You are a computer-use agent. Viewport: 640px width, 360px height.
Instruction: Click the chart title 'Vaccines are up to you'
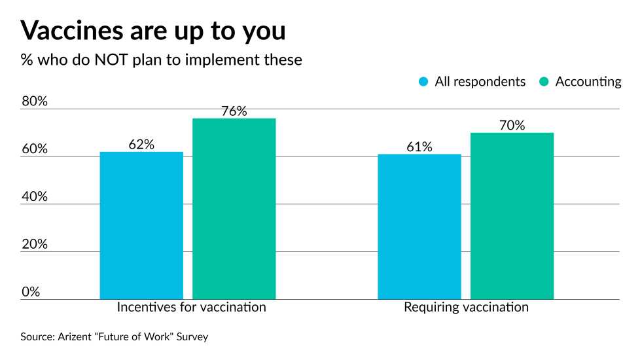coord(153,30)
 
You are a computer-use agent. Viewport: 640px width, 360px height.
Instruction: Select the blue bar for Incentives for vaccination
coord(141,225)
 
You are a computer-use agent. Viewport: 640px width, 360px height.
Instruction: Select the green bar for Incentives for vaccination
coord(234,209)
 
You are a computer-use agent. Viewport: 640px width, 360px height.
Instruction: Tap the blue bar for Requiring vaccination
coord(419,226)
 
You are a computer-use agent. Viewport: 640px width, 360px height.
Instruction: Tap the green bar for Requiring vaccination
coord(512,216)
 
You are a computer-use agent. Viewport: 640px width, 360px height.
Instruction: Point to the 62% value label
coord(141,145)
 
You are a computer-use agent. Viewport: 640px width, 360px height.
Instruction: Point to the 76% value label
coord(234,111)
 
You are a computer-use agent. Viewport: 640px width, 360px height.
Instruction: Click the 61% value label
coord(419,147)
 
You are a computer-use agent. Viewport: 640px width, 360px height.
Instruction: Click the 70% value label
coord(512,126)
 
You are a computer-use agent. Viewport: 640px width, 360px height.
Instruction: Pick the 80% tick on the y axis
coord(35,101)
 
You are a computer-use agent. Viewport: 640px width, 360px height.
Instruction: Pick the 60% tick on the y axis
coord(35,149)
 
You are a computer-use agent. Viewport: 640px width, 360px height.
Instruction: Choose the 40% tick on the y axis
coord(35,196)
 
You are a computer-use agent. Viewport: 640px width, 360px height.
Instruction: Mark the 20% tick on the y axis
coord(35,244)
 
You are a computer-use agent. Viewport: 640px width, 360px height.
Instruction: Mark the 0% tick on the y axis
coord(31,291)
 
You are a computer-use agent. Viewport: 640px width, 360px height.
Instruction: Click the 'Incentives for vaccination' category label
coord(191,307)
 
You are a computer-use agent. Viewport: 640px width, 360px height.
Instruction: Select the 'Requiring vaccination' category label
coord(466,307)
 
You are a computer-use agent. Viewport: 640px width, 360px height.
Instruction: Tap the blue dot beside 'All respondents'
coord(423,82)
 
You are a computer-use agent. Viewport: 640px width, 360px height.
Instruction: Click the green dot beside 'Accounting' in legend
coord(543,82)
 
